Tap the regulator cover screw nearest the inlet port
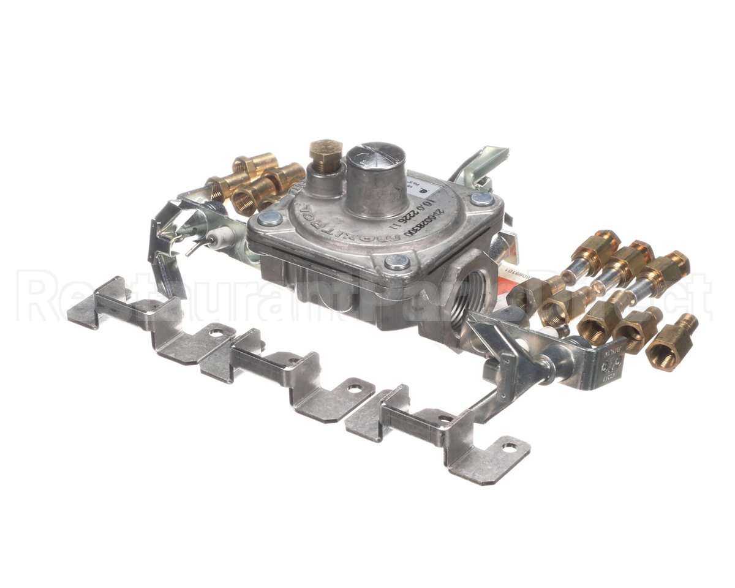point(397,262)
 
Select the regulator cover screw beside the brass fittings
point(269,219)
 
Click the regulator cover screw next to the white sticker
point(481,199)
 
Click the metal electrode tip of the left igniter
point(194,249)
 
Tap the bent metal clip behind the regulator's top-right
point(487,159)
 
